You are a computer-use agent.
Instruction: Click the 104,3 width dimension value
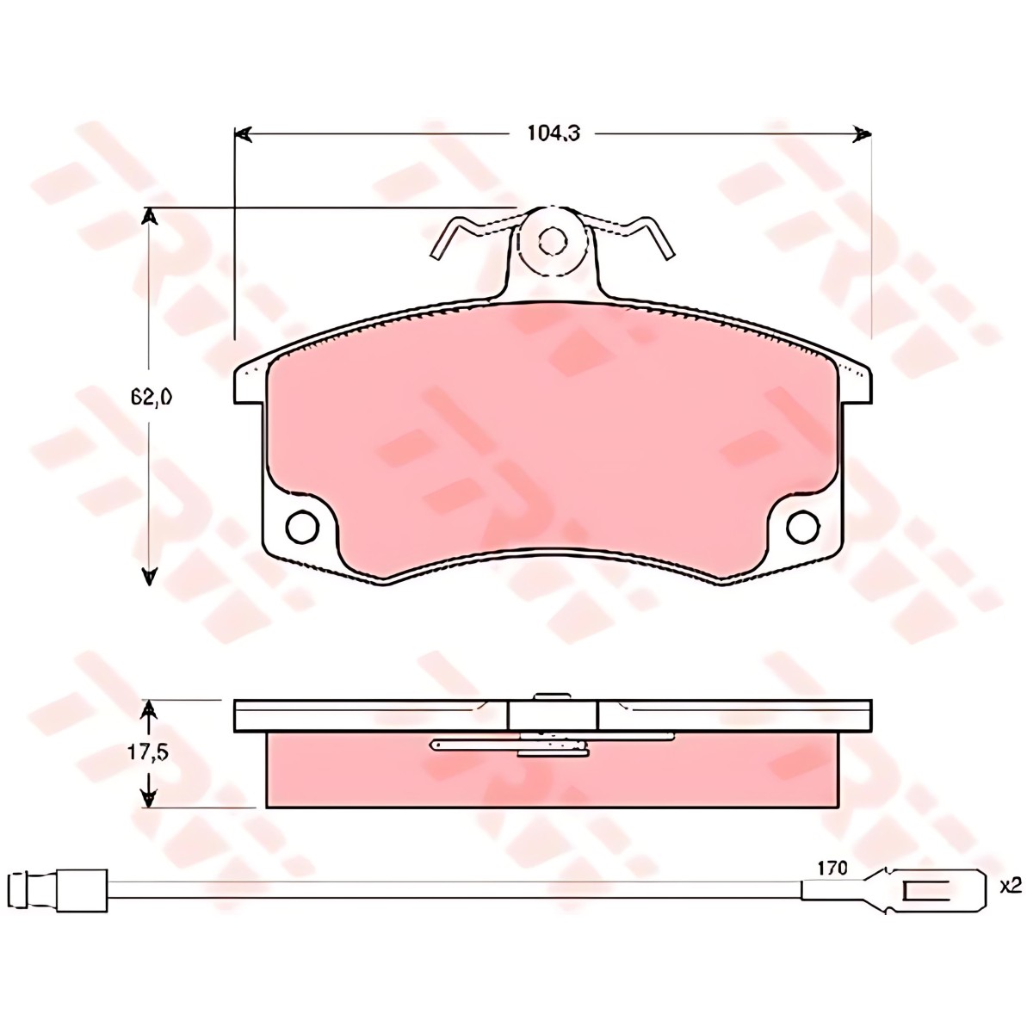point(554,133)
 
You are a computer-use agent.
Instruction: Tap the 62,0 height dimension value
point(150,397)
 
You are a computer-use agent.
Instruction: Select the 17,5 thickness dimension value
point(148,752)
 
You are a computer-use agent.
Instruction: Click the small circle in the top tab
point(553,242)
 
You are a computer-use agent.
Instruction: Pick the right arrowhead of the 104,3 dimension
point(862,134)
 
